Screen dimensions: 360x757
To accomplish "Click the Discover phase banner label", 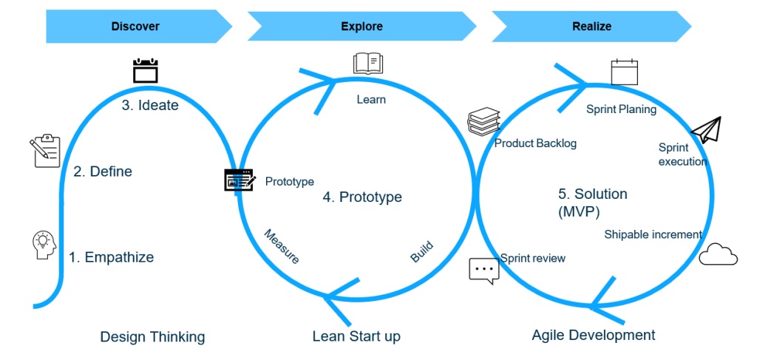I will (x=135, y=27).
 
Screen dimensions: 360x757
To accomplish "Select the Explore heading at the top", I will (x=361, y=27).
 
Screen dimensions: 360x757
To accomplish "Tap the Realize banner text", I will (x=591, y=27).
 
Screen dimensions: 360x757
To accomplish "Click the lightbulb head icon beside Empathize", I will (x=45, y=245).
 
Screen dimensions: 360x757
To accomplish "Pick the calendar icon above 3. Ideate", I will (x=146, y=71).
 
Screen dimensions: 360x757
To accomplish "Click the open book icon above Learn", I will (x=367, y=64).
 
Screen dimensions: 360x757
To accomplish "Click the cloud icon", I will (x=718, y=254).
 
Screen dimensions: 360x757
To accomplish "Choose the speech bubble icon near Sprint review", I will (x=484, y=271).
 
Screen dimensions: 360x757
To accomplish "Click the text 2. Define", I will (x=103, y=171).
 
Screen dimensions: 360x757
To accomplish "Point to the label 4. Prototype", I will (x=362, y=197).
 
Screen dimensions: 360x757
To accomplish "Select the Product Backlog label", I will (x=535, y=143).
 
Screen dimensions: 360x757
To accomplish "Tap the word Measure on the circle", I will (x=282, y=246).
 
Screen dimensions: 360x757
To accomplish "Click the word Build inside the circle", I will (x=421, y=252).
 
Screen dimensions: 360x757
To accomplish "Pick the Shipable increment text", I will (x=653, y=234).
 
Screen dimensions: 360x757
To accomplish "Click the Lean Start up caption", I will (x=356, y=336).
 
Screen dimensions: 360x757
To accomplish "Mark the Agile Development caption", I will (x=593, y=335).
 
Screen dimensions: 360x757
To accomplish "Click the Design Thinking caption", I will (x=152, y=337).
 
